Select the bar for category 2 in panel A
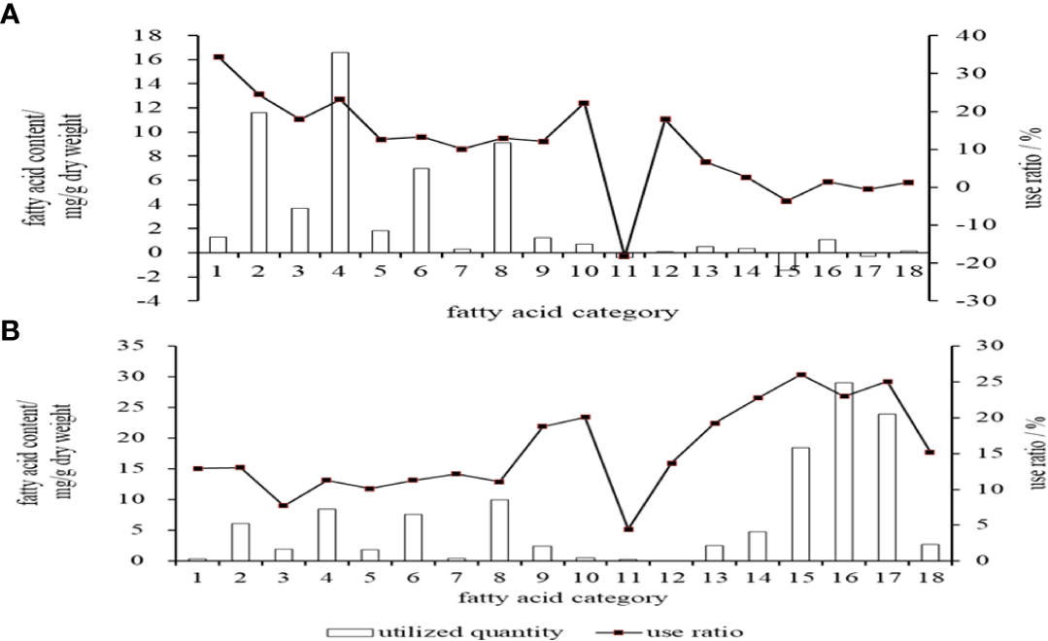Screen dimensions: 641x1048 pos(258,183)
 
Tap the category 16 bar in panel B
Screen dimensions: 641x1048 pos(844,471)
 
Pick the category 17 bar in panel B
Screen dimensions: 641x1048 pos(887,487)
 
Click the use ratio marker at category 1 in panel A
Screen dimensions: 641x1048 pos(219,57)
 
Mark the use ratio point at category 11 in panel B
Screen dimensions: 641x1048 pos(628,529)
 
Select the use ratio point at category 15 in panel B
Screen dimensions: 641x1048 pos(800,375)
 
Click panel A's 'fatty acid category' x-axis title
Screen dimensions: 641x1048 pos(562,313)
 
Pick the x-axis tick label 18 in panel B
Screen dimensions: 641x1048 pos(930,579)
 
